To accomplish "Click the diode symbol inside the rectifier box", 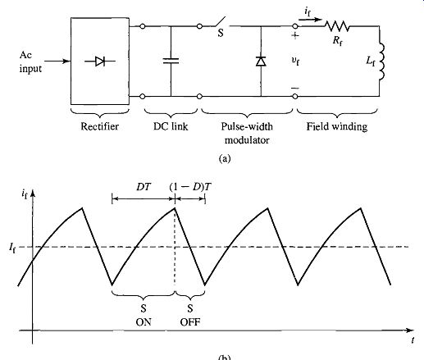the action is coord(100,62).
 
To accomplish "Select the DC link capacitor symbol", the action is coord(171,61).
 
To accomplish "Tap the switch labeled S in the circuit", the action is coord(221,22).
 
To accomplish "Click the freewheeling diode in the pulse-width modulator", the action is coord(261,62).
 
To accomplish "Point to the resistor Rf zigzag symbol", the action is coord(337,26).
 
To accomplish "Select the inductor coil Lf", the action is coord(381,61).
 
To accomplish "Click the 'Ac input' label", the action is coord(30,62).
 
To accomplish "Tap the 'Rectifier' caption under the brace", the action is coord(99,126).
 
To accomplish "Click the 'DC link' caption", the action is coord(171,126).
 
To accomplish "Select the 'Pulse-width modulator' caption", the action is coord(247,134).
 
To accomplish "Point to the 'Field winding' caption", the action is coord(337,127).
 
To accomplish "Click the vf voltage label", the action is coord(295,61).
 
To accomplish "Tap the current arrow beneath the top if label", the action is coord(310,20).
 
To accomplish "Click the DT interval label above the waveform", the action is coord(144,187).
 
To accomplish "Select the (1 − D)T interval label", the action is coord(190,187).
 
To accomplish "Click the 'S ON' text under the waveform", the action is coord(144,316).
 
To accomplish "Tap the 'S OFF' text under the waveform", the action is coord(190,316).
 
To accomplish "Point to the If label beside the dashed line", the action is coord(12,248).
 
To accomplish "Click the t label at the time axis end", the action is coord(413,340).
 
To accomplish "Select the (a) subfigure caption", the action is coord(225,158).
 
